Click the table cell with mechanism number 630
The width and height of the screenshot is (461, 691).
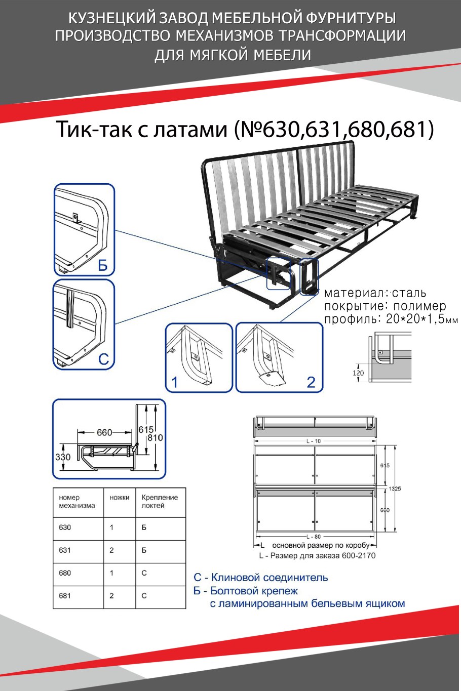click(65, 527)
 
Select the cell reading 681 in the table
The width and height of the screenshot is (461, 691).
click(65, 596)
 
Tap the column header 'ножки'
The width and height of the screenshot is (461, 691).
click(120, 498)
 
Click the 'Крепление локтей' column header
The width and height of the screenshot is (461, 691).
click(160, 501)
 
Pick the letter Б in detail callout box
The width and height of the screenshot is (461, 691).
click(103, 265)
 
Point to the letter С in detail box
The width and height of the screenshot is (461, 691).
click(103, 359)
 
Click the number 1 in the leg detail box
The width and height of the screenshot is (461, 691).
click(175, 382)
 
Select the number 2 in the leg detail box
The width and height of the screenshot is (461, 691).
click(311, 382)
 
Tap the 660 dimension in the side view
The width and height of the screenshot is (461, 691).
click(104, 432)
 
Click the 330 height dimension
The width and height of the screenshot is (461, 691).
click(63, 457)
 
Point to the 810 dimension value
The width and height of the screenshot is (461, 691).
click(156, 437)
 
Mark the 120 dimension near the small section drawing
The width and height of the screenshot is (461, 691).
click(358, 373)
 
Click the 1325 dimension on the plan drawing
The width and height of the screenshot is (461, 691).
click(395, 489)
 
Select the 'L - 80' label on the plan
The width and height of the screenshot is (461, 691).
click(314, 536)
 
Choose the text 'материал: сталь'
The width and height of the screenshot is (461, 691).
click(375, 293)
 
